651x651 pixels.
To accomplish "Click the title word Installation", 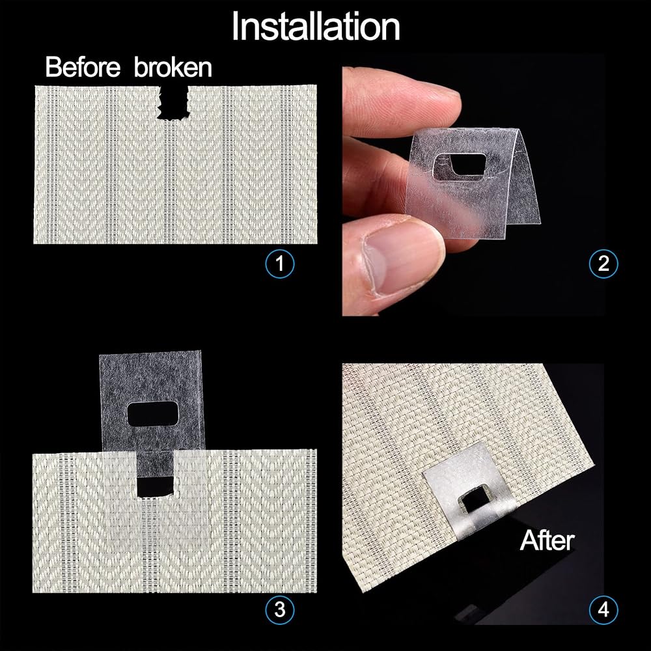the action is point(316,27).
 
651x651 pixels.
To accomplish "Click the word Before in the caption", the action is point(83,66).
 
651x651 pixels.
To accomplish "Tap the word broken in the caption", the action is point(173,66).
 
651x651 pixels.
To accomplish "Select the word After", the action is point(547,540).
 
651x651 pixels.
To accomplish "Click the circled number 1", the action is point(280,263).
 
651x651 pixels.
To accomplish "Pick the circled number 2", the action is point(603,263).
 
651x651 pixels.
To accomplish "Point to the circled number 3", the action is point(280,609).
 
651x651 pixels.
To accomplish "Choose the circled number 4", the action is point(603,609).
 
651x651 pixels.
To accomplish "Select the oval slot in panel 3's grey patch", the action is point(152,414).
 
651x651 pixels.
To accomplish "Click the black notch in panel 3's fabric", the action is point(154,486).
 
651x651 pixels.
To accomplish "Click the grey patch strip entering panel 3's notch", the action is point(155,464).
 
